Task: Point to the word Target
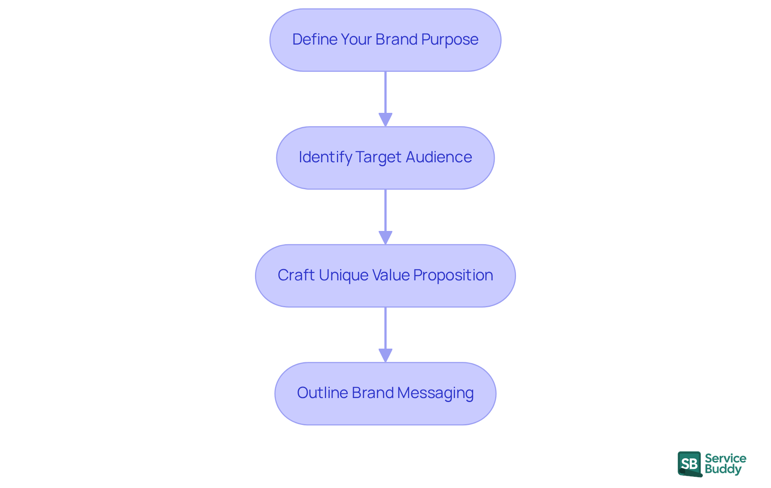click(378, 157)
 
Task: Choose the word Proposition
click(453, 276)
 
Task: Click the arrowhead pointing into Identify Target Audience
click(385, 120)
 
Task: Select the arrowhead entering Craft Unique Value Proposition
click(385, 237)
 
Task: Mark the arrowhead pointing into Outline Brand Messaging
click(385, 355)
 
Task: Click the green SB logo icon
click(689, 464)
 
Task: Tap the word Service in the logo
click(725, 458)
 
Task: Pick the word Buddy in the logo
click(723, 469)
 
